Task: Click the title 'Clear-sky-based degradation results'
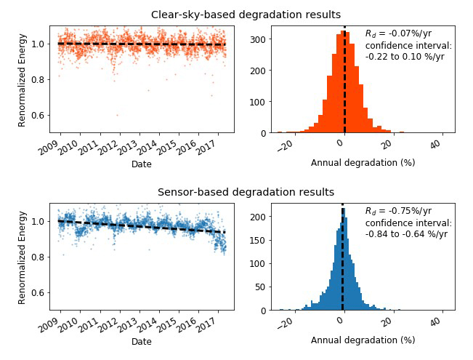point(246,15)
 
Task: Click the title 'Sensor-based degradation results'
point(246,192)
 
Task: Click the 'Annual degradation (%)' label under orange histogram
point(363,163)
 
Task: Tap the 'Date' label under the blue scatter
point(142,341)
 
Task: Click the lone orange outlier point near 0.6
point(117,115)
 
